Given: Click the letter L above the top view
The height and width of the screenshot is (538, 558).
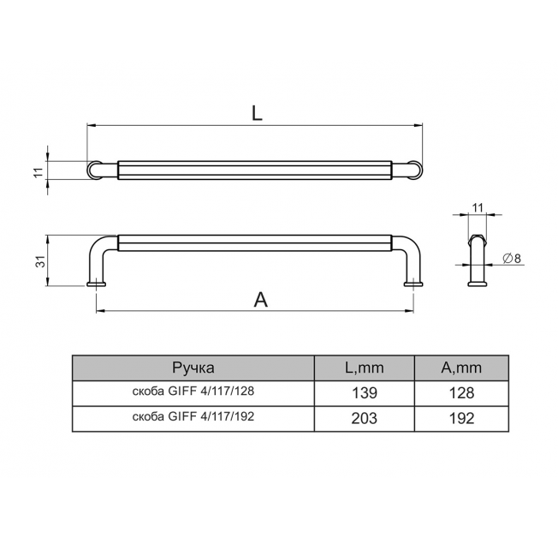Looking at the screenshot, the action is point(257,113).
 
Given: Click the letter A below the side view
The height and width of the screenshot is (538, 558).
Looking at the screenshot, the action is point(260,299).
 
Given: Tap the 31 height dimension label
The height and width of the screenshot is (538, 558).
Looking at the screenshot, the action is point(42,261).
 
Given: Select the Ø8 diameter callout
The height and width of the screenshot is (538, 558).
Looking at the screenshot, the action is point(512,258).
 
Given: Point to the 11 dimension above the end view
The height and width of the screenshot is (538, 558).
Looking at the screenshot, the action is point(478,207).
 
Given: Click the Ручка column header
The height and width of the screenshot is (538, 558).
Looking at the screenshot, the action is point(193,368).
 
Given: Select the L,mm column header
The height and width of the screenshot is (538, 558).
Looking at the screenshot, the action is point(365,368).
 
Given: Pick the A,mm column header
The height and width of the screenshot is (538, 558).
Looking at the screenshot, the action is point(461,368).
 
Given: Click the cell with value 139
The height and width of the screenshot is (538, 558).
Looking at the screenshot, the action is point(365,393).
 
